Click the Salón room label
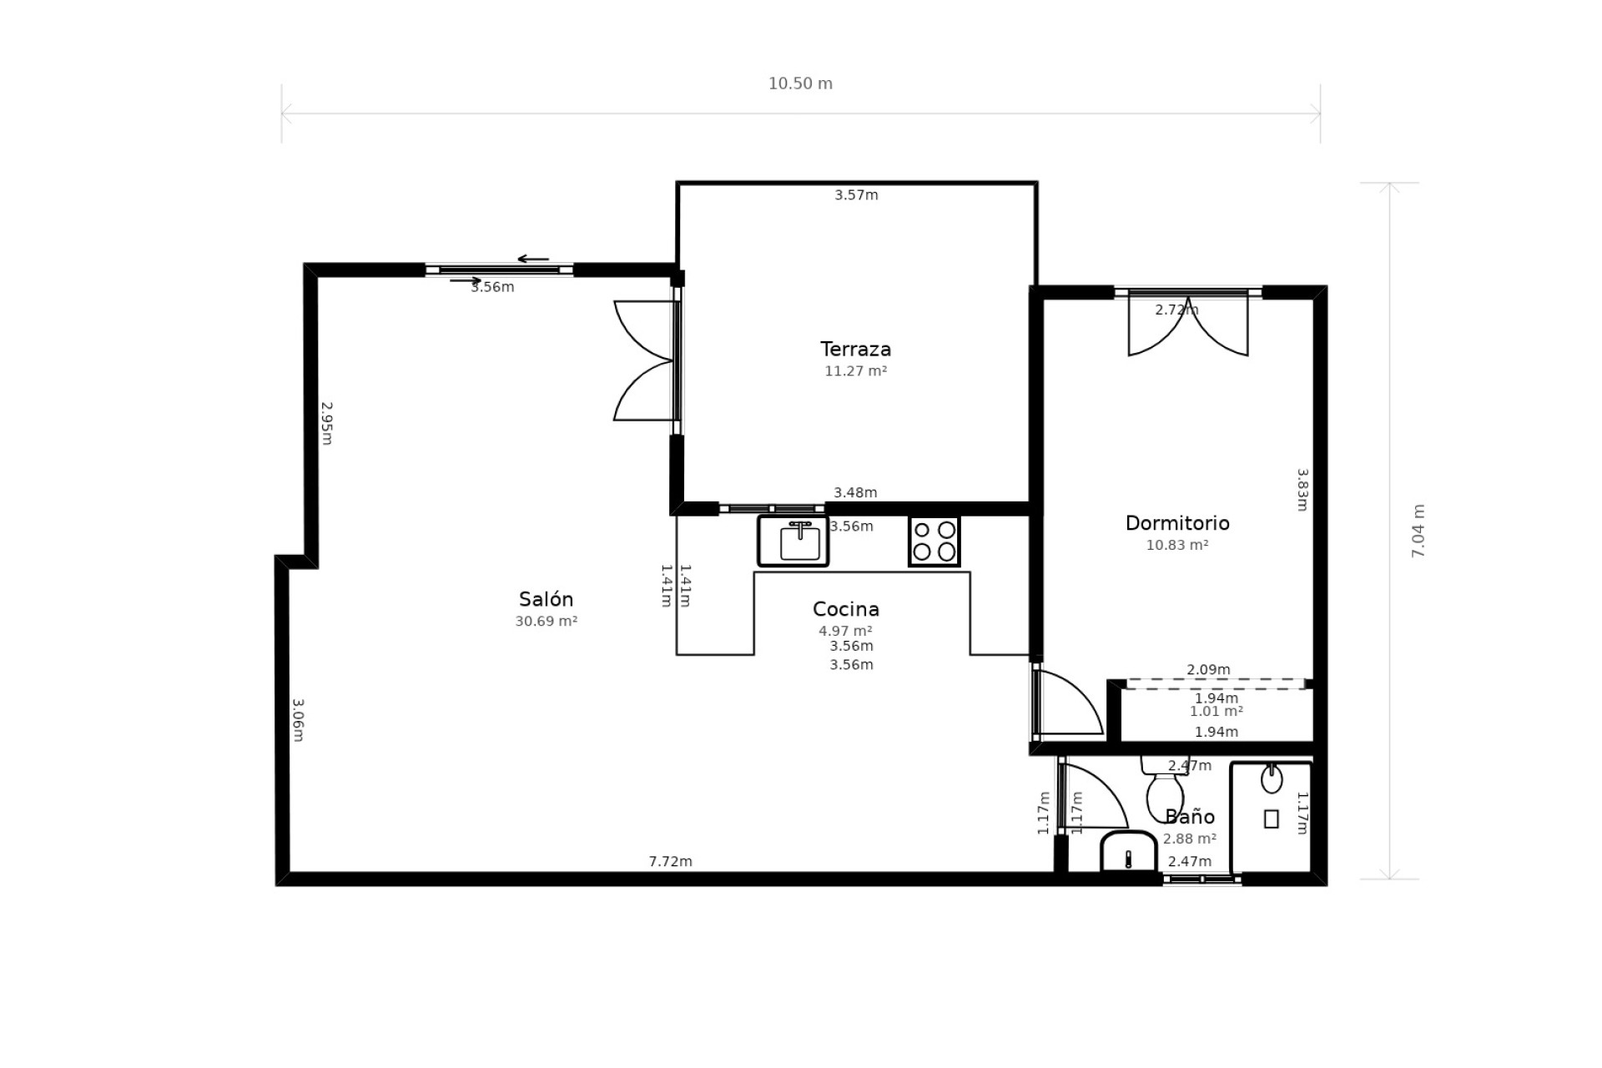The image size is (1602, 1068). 546,599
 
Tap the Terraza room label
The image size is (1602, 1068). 855,349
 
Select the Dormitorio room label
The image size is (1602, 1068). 1177,523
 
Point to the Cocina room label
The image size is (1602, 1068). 845,609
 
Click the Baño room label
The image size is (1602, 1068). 1190,817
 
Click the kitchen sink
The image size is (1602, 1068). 793,541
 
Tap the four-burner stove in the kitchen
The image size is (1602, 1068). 934,541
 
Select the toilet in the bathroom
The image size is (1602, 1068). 1165,788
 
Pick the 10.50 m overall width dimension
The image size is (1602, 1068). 800,83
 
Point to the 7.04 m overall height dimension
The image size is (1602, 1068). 1418,531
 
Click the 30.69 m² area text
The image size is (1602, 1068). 546,621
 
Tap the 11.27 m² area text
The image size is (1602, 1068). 855,370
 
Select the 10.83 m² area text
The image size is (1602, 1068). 1177,545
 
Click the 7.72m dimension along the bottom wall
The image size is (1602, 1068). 670,861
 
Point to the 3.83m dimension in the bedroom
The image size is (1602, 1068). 1302,490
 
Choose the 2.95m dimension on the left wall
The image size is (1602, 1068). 327,423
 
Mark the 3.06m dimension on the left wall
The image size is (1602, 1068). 298,720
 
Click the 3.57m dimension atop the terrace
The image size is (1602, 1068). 856,195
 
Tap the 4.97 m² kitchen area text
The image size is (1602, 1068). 845,631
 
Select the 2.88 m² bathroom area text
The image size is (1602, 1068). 1190,839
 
